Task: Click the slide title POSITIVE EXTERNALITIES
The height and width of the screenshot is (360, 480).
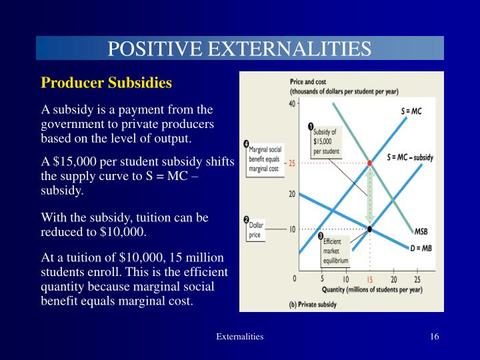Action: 239,49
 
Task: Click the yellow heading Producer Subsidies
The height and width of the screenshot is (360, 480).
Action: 107,83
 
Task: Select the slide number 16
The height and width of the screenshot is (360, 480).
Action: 434,337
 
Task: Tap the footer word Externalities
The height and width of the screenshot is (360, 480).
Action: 239,337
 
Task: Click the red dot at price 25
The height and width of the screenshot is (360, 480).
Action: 370,163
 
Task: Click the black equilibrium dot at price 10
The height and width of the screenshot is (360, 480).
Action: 370,229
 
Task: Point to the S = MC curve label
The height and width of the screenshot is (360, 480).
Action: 411,111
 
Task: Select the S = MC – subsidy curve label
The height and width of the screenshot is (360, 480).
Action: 410,158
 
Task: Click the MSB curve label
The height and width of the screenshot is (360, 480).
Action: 421,232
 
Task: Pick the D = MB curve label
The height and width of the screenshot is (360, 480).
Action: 419,246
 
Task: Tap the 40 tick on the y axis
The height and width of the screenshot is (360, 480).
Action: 292,104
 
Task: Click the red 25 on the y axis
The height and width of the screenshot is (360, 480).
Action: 292,163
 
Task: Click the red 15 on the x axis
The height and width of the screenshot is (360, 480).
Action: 370,279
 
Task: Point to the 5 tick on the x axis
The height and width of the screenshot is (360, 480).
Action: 322,279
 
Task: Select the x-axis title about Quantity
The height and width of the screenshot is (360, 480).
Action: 371,289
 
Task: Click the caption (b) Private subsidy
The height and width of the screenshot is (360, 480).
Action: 313,304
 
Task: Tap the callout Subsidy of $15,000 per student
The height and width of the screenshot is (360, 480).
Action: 326,141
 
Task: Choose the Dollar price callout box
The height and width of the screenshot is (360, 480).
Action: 257,231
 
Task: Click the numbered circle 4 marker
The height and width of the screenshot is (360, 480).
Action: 247,144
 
